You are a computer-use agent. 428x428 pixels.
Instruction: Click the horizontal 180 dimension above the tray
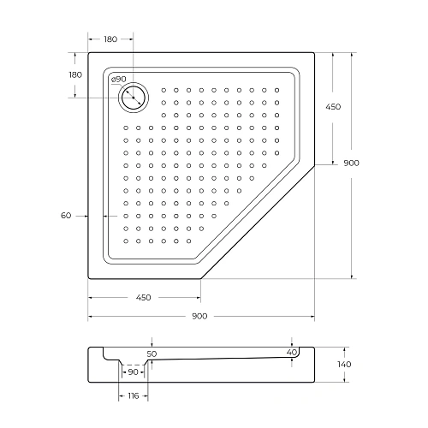pyautogui.click(x=110, y=39)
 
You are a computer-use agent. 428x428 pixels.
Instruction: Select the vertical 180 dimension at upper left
pyautogui.click(x=75, y=75)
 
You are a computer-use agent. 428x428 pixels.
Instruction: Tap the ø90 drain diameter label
pyautogui.click(x=119, y=80)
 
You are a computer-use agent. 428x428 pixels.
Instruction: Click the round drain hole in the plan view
pyautogui.click(x=134, y=98)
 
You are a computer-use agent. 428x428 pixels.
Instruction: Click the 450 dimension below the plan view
pyautogui.click(x=143, y=298)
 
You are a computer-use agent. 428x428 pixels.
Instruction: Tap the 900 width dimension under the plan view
pyautogui.click(x=200, y=317)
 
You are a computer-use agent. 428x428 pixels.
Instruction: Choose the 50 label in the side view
pyautogui.click(x=152, y=353)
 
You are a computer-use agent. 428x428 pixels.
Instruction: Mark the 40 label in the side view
pyautogui.click(x=292, y=352)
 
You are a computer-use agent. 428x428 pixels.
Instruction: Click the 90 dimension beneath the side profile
pyautogui.click(x=133, y=372)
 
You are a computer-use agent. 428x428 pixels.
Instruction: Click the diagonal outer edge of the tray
pyautogui.click(x=257, y=221)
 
